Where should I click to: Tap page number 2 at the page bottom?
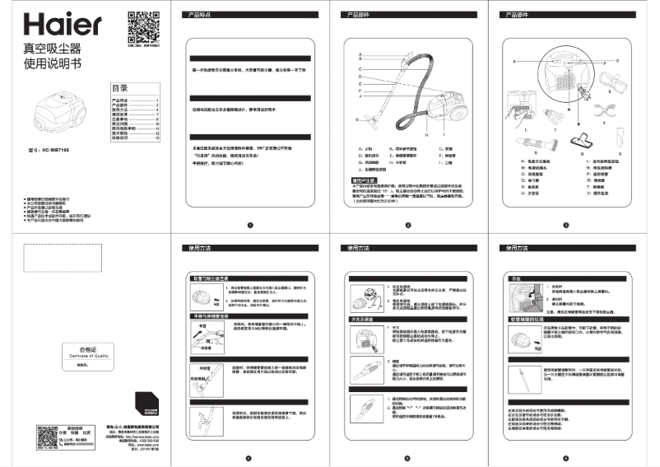click(407, 225)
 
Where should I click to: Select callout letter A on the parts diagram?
click(360, 53)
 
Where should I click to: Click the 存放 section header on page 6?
click(516, 279)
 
